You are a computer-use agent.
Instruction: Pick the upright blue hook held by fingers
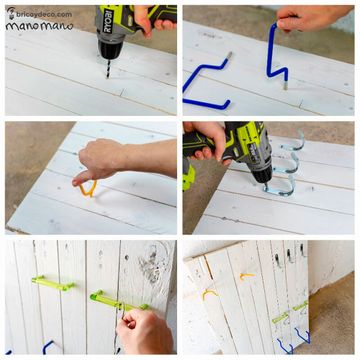pyautogui.click(x=275, y=54)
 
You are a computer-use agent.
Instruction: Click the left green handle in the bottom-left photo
pyautogui.click(x=52, y=285)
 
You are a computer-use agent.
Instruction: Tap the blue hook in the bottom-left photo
pyautogui.click(x=45, y=346)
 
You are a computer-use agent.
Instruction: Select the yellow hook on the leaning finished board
pyautogui.click(x=246, y=274)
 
